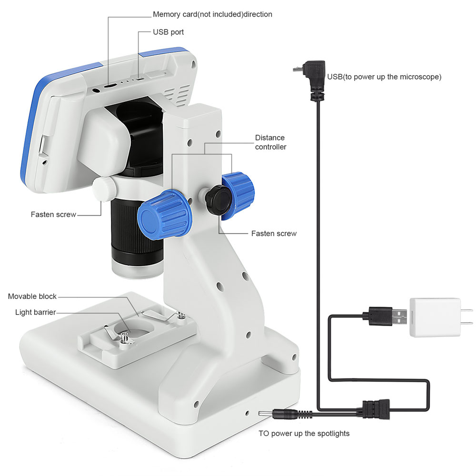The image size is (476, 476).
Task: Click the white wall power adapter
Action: (x=435, y=317)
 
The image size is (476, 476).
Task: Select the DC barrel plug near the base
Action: (x=278, y=414)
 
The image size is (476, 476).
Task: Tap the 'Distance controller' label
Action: (x=270, y=142)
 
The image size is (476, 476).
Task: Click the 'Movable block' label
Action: (x=32, y=297)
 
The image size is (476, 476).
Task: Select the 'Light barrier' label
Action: (x=35, y=312)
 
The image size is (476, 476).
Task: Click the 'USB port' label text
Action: (x=168, y=32)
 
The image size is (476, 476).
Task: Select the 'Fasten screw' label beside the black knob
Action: (x=274, y=234)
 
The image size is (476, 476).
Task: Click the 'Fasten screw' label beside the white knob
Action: (x=53, y=215)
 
